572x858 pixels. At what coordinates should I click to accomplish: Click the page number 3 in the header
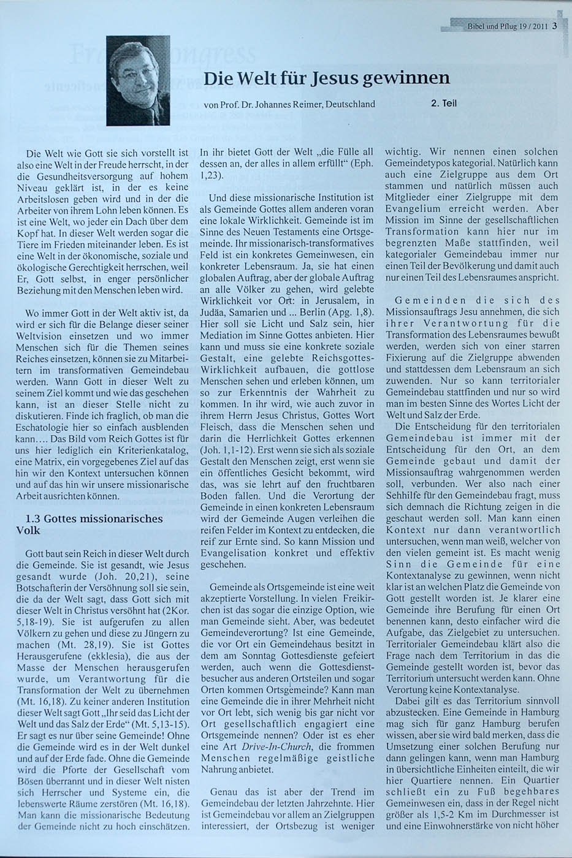tap(554, 26)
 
